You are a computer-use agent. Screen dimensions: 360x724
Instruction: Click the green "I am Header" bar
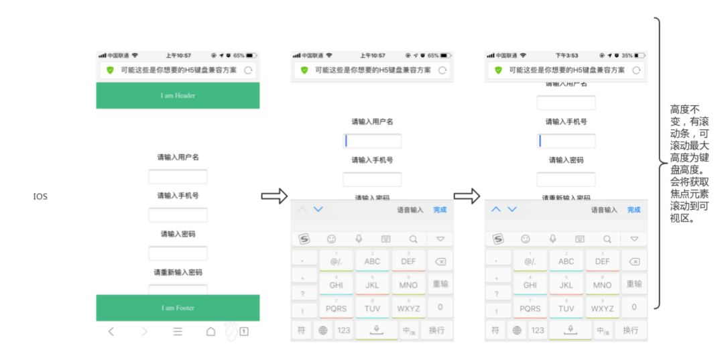[x=178, y=95]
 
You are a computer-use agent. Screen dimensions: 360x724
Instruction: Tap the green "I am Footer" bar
[x=178, y=308]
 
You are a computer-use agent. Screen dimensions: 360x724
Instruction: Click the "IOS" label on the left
[x=40, y=196]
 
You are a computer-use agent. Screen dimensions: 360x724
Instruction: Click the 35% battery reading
[x=626, y=55]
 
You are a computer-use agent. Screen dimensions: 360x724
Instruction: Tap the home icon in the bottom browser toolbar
[x=210, y=331]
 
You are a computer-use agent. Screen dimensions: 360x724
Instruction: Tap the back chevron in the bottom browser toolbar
[x=112, y=331]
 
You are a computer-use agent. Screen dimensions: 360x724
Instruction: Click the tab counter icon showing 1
[x=244, y=331]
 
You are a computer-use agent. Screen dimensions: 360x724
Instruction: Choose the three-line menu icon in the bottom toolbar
[x=178, y=331]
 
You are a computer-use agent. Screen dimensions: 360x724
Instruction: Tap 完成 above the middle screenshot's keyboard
[x=440, y=210]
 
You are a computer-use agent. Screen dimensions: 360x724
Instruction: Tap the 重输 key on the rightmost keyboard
[x=634, y=284]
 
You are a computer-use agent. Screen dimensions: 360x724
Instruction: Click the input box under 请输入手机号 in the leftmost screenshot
[x=178, y=215]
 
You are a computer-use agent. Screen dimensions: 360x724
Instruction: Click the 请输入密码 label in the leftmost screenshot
[x=178, y=234]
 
